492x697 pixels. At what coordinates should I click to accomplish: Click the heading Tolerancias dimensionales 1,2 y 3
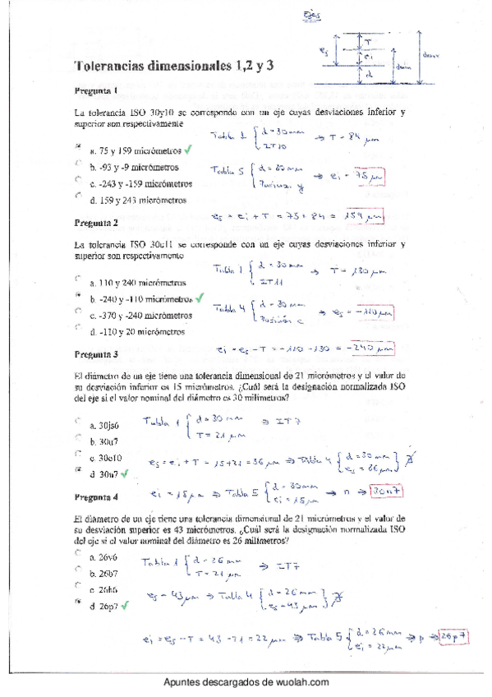pyautogui.click(x=150, y=67)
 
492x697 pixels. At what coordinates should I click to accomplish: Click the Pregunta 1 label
pyautogui.click(x=96, y=91)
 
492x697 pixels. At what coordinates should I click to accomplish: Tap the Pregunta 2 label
pyautogui.click(x=96, y=223)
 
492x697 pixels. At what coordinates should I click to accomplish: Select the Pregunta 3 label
pyautogui.click(x=96, y=354)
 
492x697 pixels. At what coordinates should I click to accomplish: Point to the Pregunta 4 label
pyautogui.click(x=96, y=497)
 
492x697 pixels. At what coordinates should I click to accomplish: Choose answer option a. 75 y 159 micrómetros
pyautogui.click(x=136, y=152)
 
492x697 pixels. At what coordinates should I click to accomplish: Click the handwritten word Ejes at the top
pyautogui.click(x=313, y=14)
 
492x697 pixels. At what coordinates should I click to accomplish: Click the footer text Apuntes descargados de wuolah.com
pyautogui.click(x=246, y=682)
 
